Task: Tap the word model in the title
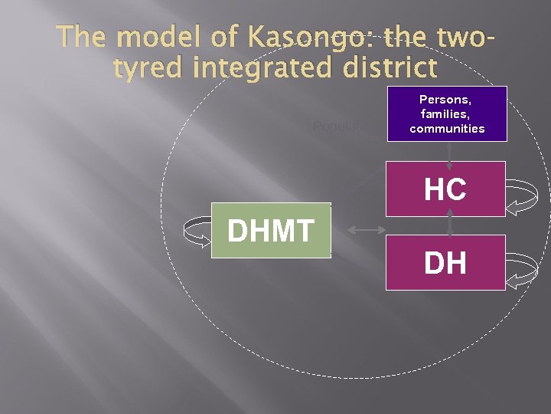click(148, 38)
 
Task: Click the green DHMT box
click(271, 230)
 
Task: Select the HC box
click(445, 189)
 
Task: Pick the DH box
click(445, 262)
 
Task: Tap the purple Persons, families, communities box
click(448, 113)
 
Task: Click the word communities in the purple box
click(448, 128)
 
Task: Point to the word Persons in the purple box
click(448, 100)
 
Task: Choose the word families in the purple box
click(448, 113)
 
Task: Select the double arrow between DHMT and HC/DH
click(364, 229)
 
